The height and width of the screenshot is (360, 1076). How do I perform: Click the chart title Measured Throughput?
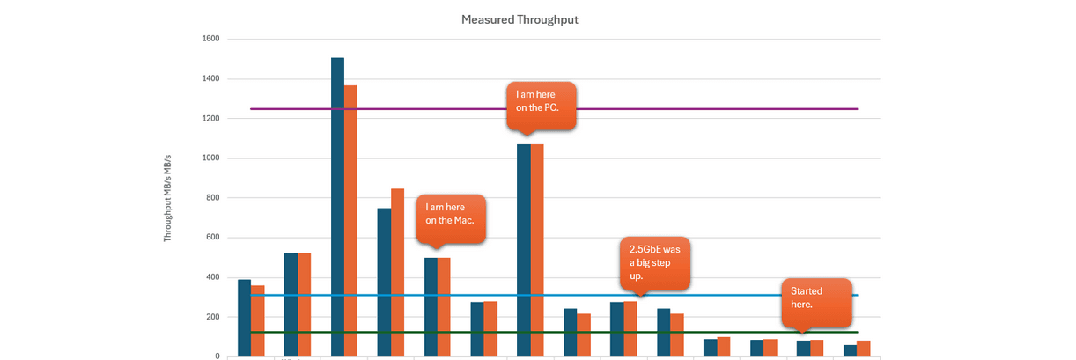point(520,19)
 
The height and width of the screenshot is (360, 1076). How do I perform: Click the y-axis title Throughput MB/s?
point(166,198)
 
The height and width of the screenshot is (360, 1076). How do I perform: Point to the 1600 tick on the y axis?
point(210,40)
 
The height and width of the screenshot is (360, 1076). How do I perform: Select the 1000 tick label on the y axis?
point(210,158)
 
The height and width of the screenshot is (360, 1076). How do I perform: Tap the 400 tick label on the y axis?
point(212,277)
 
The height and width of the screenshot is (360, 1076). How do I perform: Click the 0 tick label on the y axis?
point(217,356)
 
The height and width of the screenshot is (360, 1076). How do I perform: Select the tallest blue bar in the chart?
point(337,207)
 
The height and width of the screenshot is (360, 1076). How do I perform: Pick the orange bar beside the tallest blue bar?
point(350,220)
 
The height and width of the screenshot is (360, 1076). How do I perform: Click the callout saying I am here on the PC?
point(541,105)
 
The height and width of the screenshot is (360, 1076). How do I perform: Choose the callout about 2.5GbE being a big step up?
point(654,261)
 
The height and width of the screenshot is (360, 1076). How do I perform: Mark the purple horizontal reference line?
point(704,109)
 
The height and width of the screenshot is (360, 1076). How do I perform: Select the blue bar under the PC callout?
point(523,251)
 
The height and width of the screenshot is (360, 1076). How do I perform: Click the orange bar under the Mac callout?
point(444,307)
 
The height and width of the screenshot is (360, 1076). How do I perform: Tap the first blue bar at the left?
point(244,318)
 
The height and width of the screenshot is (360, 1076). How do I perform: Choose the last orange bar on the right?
point(863,349)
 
